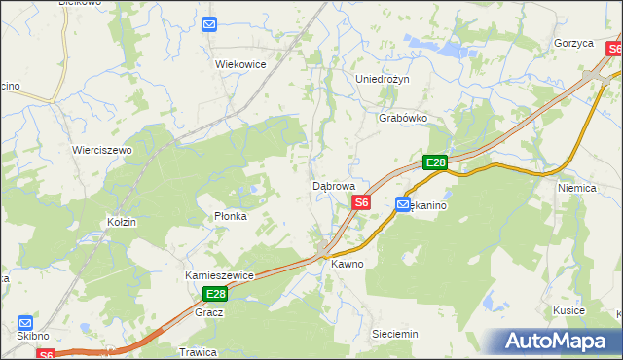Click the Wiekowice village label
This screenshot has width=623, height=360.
[x=240, y=63]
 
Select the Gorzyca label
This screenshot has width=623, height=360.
[x=573, y=44]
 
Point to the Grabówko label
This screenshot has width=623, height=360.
[x=403, y=118]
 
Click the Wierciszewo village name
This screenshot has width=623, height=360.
[x=102, y=150]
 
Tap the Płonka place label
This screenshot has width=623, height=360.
[x=231, y=216]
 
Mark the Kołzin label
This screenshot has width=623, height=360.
[x=123, y=222]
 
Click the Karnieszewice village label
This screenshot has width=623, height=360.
[x=219, y=275]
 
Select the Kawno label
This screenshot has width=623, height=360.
[x=347, y=264]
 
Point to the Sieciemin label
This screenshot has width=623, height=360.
[x=395, y=334]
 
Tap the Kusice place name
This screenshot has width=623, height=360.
[x=568, y=310]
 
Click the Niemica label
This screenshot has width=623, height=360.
[x=576, y=187]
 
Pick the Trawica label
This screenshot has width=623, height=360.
[x=197, y=351]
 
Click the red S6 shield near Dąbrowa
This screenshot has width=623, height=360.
[x=361, y=202]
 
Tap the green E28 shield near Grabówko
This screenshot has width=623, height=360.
[x=434, y=163]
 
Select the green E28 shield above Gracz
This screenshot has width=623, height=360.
[x=215, y=294]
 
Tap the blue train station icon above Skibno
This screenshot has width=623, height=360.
[x=25, y=322]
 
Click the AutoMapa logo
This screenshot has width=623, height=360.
[x=557, y=341]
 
